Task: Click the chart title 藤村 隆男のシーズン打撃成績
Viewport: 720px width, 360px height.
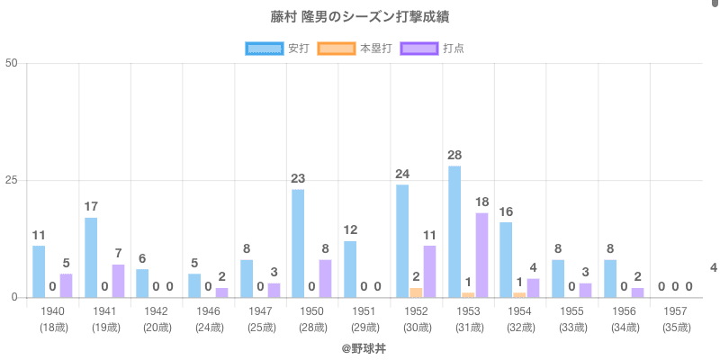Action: tap(360, 17)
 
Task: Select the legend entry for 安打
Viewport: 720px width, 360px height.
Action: tap(277, 48)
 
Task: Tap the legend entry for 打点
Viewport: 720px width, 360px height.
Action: tap(433, 48)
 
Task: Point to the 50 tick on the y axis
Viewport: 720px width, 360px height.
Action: tap(12, 64)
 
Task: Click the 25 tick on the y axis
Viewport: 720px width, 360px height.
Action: tap(12, 181)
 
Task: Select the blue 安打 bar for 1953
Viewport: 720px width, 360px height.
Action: tap(454, 231)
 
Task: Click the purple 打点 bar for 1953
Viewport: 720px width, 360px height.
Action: tap(482, 255)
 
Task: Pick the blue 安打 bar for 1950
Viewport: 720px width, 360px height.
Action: tap(298, 243)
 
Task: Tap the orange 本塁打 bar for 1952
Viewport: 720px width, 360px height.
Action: tap(416, 292)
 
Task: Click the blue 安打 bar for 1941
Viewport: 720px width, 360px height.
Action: tap(91, 257)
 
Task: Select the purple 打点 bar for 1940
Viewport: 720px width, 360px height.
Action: tap(67, 285)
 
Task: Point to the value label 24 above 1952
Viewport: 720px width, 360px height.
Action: tap(402, 174)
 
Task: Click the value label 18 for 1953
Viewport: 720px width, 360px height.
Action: tap(482, 202)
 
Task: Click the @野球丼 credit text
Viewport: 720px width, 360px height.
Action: tap(360, 347)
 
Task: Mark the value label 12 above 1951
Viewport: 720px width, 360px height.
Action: tap(350, 229)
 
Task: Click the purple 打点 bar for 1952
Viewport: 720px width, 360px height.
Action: tap(430, 271)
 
